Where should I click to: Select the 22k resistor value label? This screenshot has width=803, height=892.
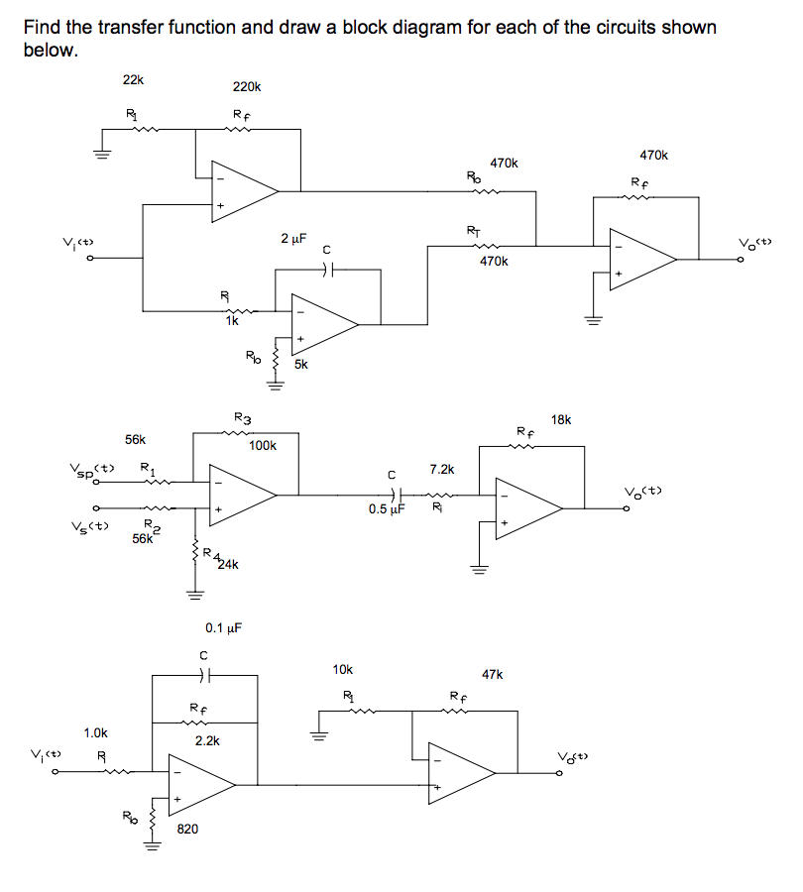point(132,79)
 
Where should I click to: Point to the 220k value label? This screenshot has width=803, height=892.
point(246,87)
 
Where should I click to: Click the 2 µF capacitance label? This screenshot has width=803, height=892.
point(293,239)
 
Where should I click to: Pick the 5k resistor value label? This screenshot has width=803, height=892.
point(301,364)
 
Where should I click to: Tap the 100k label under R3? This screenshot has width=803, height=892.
point(263,446)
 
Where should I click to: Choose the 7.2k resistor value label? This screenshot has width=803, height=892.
point(441,468)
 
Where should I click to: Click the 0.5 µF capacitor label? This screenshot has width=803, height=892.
point(388,509)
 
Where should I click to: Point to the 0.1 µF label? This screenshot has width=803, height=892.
point(224,627)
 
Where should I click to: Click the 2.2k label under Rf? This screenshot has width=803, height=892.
point(206,740)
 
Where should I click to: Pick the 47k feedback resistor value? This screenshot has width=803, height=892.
point(493,674)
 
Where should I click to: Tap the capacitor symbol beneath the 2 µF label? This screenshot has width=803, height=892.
point(333,268)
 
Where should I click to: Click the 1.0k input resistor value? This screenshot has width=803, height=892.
point(96,732)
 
